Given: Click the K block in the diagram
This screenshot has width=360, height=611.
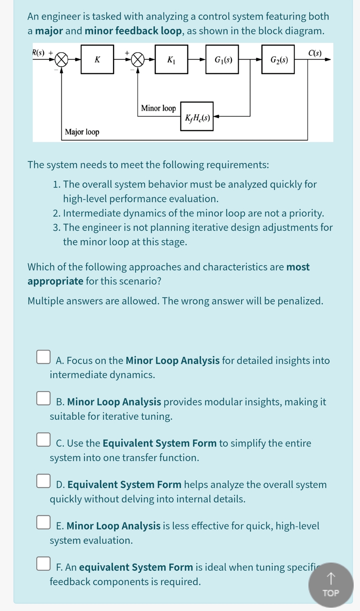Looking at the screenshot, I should (x=97, y=60).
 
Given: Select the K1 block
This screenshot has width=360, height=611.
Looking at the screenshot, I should (x=171, y=60).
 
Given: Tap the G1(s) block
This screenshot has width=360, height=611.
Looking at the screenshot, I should (x=222, y=60).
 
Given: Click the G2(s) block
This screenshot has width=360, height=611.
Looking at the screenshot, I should (x=278, y=60).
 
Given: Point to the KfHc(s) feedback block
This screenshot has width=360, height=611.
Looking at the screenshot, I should (x=197, y=117).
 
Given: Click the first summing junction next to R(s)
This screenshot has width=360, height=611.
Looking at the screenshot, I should (x=61, y=60).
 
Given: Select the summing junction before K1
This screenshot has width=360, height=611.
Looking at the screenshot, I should (x=138, y=60).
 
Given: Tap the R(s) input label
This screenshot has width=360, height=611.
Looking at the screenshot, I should (x=39, y=53).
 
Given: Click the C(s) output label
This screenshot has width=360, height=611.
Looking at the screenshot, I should (x=315, y=53).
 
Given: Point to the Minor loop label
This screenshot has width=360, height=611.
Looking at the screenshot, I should (x=158, y=108).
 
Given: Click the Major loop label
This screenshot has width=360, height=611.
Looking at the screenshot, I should (x=82, y=132).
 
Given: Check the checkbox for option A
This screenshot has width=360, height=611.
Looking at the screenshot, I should (x=43, y=357).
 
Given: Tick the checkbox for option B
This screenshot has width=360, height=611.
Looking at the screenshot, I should (x=43, y=398).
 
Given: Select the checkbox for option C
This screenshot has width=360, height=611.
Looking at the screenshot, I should (x=43, y=439).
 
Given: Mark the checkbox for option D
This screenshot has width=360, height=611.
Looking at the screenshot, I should (x=43, y=481).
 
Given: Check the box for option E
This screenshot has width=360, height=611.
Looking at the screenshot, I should (x=43, y=522).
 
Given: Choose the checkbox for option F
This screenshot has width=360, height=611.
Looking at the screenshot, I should (x=43, y=563).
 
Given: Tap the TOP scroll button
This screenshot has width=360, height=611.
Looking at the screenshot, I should (x=331, y=585).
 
